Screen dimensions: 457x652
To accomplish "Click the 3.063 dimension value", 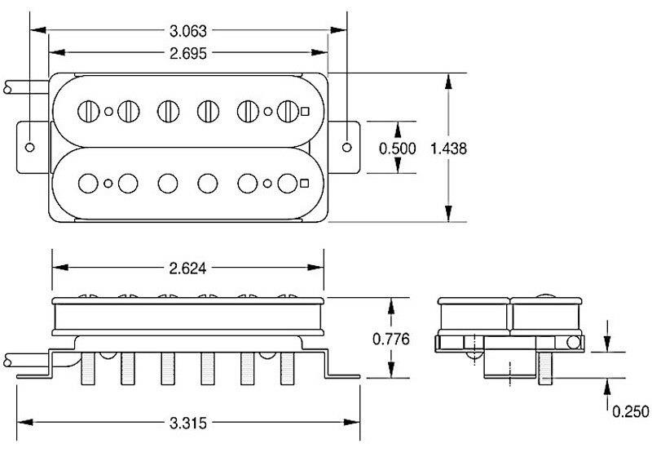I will click(x=188, y=32).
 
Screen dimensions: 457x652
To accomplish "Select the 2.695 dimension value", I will click(x=188, y=53).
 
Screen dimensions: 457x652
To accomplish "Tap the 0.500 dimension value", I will click(x=399, y=149).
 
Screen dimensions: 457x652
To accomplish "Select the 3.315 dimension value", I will click(x=188, y=422).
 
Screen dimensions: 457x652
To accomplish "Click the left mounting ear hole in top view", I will click(x=30, y=147).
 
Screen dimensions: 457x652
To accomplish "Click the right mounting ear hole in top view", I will click(x=347, y=147).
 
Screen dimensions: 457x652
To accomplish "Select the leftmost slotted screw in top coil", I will click(x=88, y=109).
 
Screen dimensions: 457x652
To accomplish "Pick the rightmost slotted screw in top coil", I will click(x=286, y=109).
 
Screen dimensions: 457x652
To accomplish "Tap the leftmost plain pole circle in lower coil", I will click(x=88, y=181).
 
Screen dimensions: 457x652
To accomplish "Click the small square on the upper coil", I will click(x=305, y=111).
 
